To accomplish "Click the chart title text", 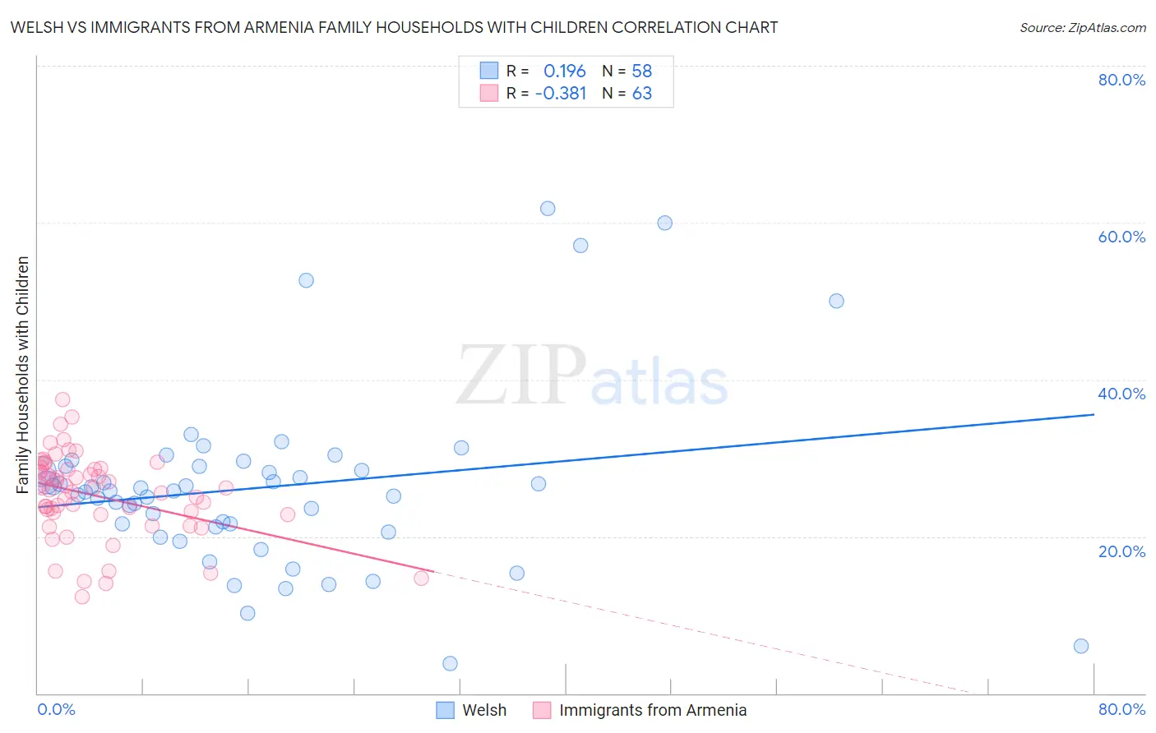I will click(394, 27).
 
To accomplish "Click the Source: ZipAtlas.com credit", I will click(1082, 27).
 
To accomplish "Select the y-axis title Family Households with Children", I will click(22, 375).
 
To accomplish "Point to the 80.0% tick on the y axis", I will click(1121, 80).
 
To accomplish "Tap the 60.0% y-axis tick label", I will click(1121, 237).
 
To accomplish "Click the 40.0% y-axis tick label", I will click(1121, 394).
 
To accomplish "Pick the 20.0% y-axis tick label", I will click(1121, 551).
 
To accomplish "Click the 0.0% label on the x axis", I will click(56, 709).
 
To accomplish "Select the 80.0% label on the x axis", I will click(1121, 709).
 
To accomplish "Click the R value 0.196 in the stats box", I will click(564, 71).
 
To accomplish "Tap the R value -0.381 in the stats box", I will click(560, 93).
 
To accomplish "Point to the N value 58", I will click(641, 71).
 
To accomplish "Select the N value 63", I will click(641, 93).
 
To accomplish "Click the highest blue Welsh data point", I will click(548, 209).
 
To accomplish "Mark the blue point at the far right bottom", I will click(1081, 646).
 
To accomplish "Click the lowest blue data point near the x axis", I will click(450, 663).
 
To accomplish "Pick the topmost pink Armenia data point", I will click(62, 399).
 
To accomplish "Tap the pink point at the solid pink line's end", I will click(421, 578).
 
